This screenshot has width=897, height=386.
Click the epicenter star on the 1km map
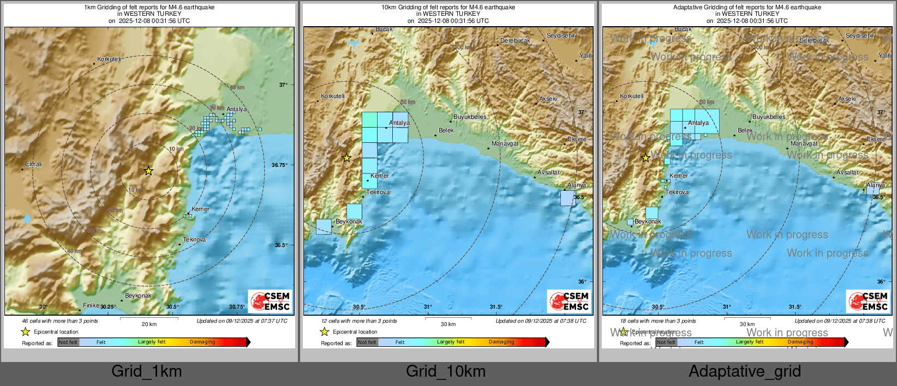coord(148,171)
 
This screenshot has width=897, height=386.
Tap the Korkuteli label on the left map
coord(109,59)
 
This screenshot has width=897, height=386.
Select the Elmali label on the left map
coord(33,164)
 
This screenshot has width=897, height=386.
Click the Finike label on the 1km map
coord(91,305)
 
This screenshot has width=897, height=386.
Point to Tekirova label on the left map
coord(194,239)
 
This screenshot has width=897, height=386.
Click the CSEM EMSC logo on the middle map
coord(569,301)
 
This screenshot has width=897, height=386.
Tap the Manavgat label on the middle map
coord(505,143)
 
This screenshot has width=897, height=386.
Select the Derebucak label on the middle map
coord(515,40)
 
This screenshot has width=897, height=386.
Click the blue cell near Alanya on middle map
coord(567,198)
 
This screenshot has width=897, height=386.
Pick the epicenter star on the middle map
coord(346,158)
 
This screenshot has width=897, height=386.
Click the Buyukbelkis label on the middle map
coord(470,117)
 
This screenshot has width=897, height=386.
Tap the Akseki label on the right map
coord(847,99)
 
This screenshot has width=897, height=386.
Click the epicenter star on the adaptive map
coord(645,158)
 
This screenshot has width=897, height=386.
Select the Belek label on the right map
coord(745,130)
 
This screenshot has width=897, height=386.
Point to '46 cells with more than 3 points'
coord(60,321)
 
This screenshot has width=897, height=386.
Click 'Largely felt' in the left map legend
coord(151,342)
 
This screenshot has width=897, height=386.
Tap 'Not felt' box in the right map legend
coord(666,342)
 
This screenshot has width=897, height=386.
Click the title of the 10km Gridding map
coord(448,8)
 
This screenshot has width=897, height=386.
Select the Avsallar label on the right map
coord(847,172)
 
